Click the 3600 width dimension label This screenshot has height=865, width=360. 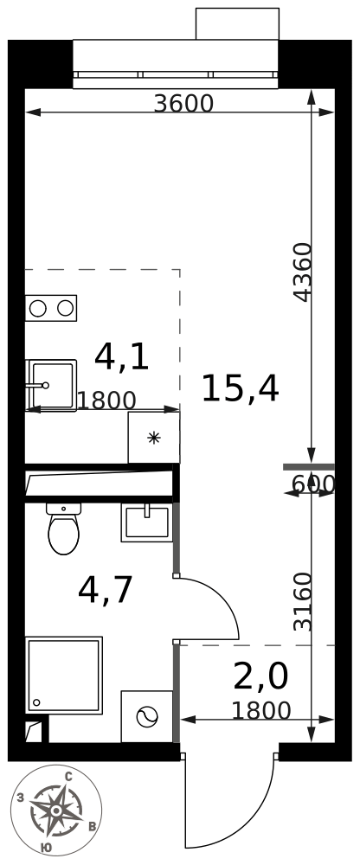pos(183,103)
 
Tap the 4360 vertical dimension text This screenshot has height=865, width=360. pos(302,272)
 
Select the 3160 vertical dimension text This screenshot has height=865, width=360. pos(302,601)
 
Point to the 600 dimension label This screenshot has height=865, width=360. pos(313,484)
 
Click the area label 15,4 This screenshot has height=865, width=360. pos(240,388)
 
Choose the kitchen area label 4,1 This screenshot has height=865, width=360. pos(122,356)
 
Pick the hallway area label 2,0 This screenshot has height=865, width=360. pos(260,676)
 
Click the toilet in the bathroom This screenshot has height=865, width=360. pos(63,528)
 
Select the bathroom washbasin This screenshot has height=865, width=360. pos(147,522)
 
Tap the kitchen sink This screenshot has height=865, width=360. pos(51,385)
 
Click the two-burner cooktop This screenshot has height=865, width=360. pos(51,309)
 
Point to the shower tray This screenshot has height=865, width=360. pos(63,675)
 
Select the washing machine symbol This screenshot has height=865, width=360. pos(147,716)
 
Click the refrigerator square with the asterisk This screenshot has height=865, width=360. pos(153,438)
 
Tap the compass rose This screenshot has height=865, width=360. pos(56,810)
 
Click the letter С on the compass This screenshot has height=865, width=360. pos(69,777)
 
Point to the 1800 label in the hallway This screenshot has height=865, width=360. pos(260,710)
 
